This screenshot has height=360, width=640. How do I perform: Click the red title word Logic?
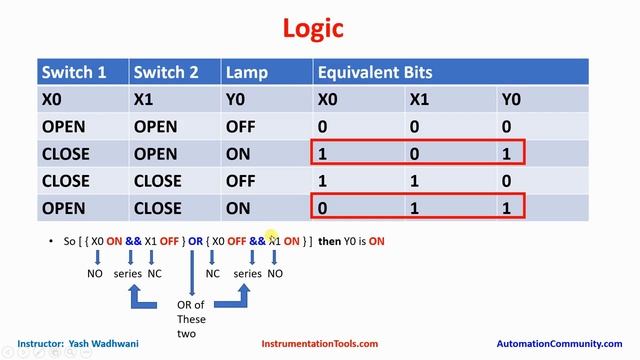click(x=313, y=29)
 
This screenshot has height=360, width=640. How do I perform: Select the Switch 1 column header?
click(x=74, y=72)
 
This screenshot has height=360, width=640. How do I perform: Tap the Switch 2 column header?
click(x=166, y=72)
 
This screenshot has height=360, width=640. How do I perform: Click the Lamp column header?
click(x=247, y=73)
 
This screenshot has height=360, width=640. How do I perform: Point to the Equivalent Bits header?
click(x=375, y=72)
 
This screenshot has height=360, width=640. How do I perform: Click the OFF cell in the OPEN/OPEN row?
click(x=240, y=127)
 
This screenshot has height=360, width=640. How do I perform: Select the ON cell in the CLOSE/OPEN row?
click(x=238, y=154)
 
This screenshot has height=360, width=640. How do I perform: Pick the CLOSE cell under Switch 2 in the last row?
click(x=158, y=208)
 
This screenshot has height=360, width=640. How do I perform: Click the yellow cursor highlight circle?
click(x=271, y=236)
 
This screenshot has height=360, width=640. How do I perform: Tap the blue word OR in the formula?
click(x=195, y=241)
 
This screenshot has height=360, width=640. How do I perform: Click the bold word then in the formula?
click(x=329, y=241)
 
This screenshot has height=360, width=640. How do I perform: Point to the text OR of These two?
click(x=191, y=319)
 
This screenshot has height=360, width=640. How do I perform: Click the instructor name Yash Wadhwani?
click(x=103, y=344)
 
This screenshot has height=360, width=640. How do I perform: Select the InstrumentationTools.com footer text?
click(x=320, y=344)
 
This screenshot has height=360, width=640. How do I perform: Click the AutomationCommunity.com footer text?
click(x=559, y=344)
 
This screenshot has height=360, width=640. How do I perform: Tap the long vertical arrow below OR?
click(x=192, y=273)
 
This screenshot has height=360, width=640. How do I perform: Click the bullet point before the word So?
click(x=51, y=241)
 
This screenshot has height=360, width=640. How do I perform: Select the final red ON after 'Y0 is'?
click(x=376, y=241)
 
